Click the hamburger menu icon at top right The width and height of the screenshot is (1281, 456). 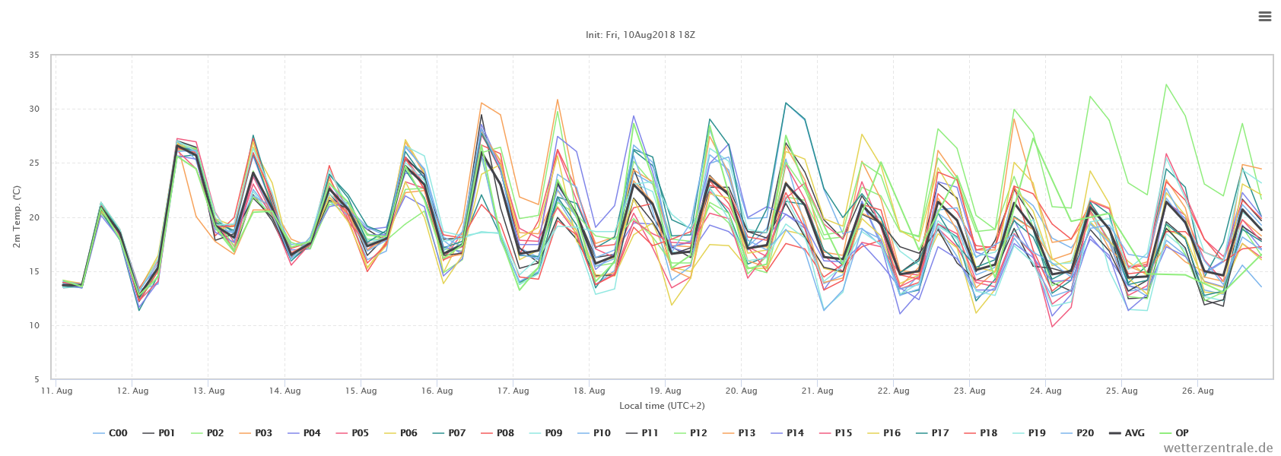tap(1264, 17)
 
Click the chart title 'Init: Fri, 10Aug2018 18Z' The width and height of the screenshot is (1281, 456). tap(640, 35)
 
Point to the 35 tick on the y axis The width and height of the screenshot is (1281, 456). tap(34, 55)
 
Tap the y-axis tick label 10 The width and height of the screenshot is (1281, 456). tap(34, 326)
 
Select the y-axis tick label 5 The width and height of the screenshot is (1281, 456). tap(37, 379)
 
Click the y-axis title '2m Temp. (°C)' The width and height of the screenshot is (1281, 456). tap(16, 217)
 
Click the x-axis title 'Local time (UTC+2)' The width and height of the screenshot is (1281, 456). tap(662, 406)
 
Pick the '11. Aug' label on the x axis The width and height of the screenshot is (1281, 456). tap(56, 391)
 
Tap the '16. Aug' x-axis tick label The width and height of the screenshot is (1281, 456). tap(437, 391)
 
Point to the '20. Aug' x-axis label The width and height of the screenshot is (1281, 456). tap(741, 391)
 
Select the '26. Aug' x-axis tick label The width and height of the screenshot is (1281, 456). tap(1197, 391)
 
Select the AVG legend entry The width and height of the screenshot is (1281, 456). tap(1126, 433)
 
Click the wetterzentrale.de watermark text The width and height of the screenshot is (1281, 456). tap(1218, 448)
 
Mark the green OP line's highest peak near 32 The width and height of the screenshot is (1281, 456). tap(1165, 84)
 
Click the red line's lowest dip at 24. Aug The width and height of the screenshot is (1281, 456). tap(1052, 326)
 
